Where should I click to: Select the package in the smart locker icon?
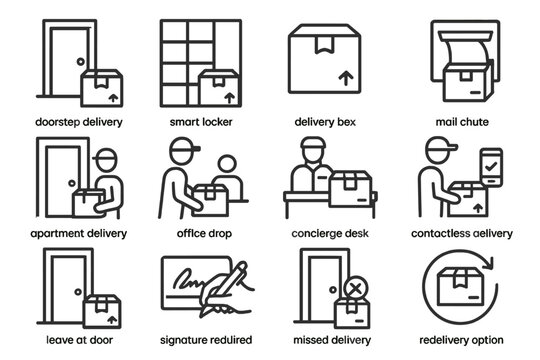point(221,89)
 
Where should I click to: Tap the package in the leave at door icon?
point(99,312)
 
